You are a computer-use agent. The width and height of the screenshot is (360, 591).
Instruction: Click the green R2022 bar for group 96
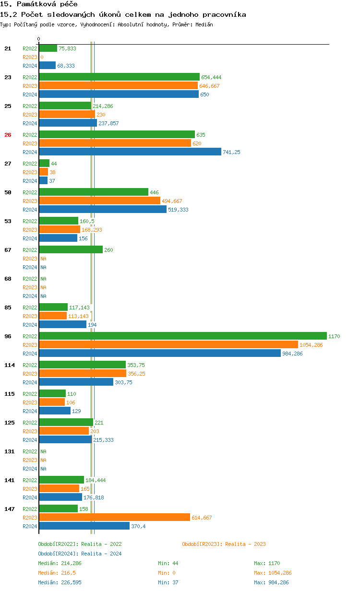point(182,336)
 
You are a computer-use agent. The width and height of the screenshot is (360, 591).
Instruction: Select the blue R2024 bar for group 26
point(130,152)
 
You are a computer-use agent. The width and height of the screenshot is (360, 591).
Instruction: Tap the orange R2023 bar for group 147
point(114,517)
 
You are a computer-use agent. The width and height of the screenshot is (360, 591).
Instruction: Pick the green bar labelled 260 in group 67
point(71,249)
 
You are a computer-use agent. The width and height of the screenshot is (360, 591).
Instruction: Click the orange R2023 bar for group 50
point(99,201)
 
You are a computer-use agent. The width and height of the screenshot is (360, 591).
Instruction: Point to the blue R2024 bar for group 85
point(62,324)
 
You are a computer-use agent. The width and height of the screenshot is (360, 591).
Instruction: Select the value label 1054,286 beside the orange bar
point(311,345)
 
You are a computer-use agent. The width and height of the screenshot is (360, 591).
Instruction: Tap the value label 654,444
point(211,77)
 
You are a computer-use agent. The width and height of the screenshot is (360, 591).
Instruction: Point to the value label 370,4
point(138,526)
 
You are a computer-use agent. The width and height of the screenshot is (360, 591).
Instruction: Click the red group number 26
point(8,135)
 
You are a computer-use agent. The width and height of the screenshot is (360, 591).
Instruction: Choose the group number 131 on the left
point(9,451)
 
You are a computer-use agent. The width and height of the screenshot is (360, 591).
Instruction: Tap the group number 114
point(9,365)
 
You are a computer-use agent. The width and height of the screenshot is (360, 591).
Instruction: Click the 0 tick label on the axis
point(39,39)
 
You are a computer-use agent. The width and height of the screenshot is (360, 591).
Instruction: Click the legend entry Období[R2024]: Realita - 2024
point(80,554)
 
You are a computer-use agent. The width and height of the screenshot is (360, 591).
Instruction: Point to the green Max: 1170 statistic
point(267,563)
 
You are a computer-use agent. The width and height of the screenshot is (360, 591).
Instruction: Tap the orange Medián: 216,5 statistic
point(58,573)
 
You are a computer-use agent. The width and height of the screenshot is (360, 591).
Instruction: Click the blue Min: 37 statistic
point(168,582)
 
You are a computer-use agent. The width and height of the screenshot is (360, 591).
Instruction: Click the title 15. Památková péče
point(39,4)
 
